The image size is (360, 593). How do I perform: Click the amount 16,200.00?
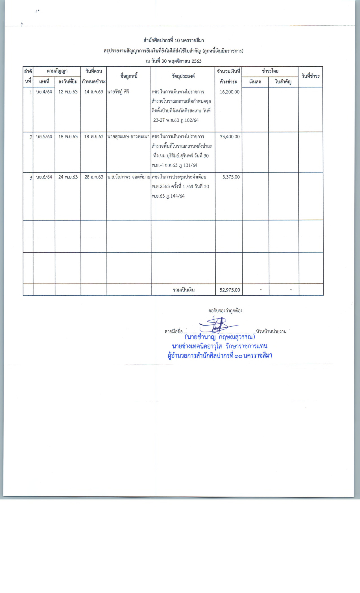click(x=230, y=92)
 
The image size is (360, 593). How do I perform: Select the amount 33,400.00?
click(x=230, y=137)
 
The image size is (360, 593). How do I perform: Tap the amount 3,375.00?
click(x=231, y=177)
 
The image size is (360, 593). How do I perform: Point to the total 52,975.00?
click(x=230, y=290)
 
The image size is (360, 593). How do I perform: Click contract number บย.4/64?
click(x=44, y=92)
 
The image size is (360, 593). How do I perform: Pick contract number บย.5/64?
click(x=44, y=137)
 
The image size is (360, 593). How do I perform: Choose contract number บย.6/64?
click(x=44, y=177)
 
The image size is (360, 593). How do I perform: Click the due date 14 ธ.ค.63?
click(x=94, y=92)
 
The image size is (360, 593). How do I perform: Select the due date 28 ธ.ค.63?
click(x=94, y=177)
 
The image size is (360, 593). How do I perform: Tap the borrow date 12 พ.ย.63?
click(x=68, y=92)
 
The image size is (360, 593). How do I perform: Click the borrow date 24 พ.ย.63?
click(x=68, y=177)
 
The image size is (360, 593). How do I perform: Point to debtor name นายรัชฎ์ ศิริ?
click(x=118, y=92)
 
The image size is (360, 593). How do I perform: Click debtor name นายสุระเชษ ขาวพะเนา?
click(x=128, y=137)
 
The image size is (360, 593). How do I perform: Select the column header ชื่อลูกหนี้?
click(x=129, y=76)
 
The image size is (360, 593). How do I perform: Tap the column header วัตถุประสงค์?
click(x=183, y=76)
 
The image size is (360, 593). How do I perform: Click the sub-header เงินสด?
click(x=255, y=82)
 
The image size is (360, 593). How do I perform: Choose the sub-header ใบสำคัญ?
click(x=283, y=82)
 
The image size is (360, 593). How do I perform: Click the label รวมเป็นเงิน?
click(x=184, y=290)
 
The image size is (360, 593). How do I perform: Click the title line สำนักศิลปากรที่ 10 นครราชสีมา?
click(x=174, y=40)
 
